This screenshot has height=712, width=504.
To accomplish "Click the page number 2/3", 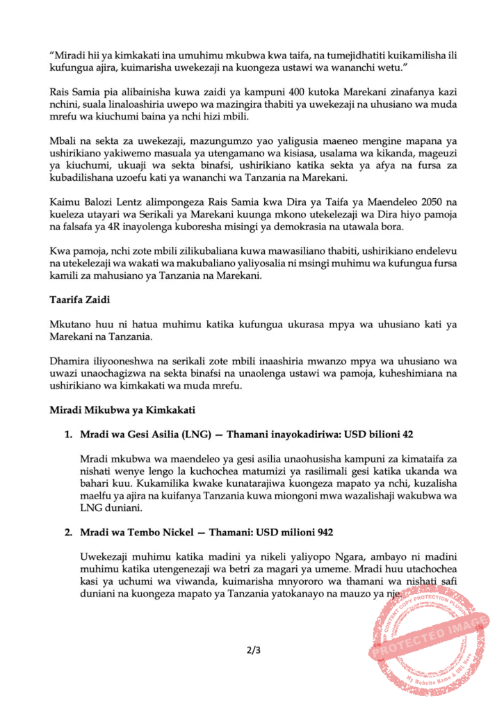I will coord(252,652).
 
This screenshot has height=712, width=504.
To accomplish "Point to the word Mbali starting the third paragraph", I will coord(63,139).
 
